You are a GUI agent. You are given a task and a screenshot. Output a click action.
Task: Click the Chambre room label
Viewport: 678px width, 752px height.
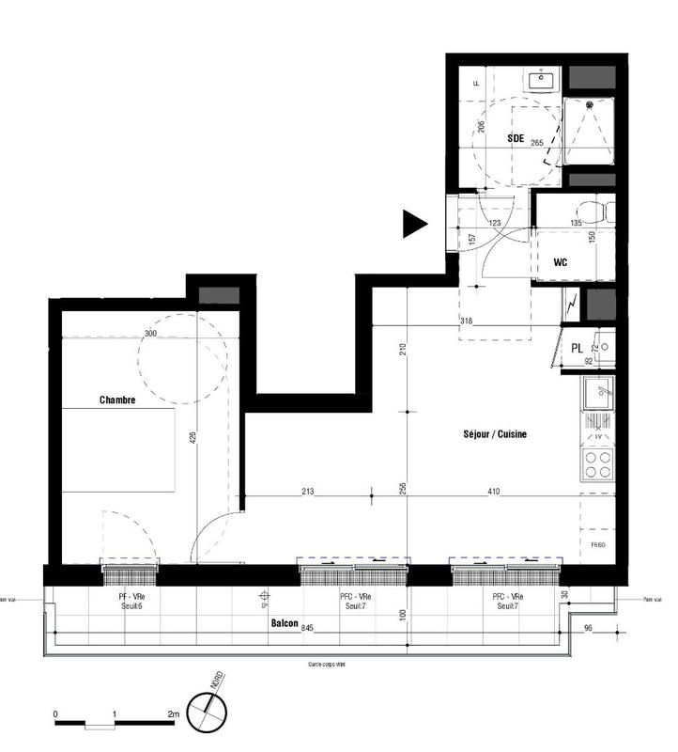tap(118, 399)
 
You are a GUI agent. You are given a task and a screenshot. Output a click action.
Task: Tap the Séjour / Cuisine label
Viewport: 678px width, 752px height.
tap(495, 434)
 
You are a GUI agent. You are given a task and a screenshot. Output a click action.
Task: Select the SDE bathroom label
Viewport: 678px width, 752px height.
tap(516, 138)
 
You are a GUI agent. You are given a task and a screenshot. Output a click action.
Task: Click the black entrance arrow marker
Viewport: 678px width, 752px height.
tap(414, 223)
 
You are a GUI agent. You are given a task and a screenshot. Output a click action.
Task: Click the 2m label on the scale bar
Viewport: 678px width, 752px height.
tap(173, 715)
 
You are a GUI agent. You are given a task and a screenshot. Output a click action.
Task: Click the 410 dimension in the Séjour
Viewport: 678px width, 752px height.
tap(495, 490)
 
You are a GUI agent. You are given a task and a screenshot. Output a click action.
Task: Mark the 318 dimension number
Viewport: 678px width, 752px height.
tap(467, 321)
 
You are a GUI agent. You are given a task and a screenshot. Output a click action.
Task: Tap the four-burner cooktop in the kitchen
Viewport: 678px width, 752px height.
tap(597, 463)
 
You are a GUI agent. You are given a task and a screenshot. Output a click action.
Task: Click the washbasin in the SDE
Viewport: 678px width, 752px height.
tap(541, 80)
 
